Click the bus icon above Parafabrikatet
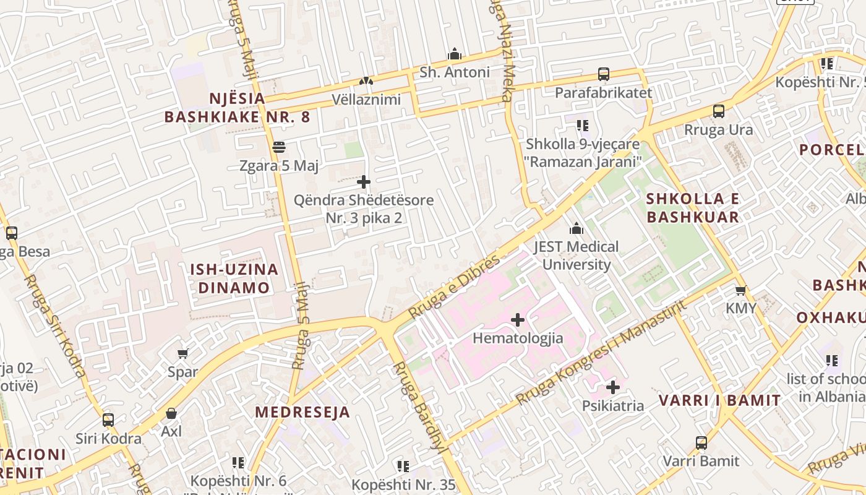[x=603, y=74]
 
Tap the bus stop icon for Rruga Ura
[x=718, y=111]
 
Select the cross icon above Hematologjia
[x=518, y=320]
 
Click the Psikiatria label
[x=612, y=406]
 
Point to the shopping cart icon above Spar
[x=182, y=353]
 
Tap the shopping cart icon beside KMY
[x=740, y=290]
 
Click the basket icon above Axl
[x=171, y=413]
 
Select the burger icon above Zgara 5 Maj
[x=278, y=147]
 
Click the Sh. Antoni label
[x=455, y=72]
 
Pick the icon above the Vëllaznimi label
[x=366, y=81]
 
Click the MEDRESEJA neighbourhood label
[x=302, y=412]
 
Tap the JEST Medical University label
[x=576, y=256]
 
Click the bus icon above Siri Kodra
[x=108, y=420]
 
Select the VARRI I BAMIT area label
[x=719, y=400]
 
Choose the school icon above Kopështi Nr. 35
[x=403, y=466]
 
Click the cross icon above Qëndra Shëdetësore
[x=364, y=182]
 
